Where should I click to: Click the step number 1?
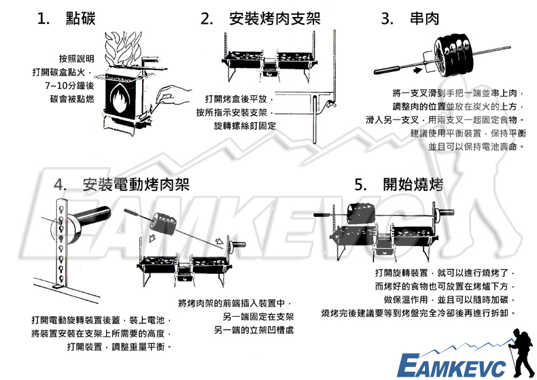pyautogui.click(x=45, y=19)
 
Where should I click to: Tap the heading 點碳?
pyautogui.click(x=81, y=19)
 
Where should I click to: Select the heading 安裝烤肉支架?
pyautogui.click(x=275, y=19)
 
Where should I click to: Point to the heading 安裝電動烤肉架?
pyautogui.click(x=137, y=184)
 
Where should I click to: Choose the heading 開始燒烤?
pyautogui.click(x=413, y=184)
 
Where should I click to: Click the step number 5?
pyautogui.click(x=360, y=184)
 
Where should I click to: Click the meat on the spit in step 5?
pyautogui.click(x=360, y=215)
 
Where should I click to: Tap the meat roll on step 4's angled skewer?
pyautogui.click(x=162, y=224)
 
